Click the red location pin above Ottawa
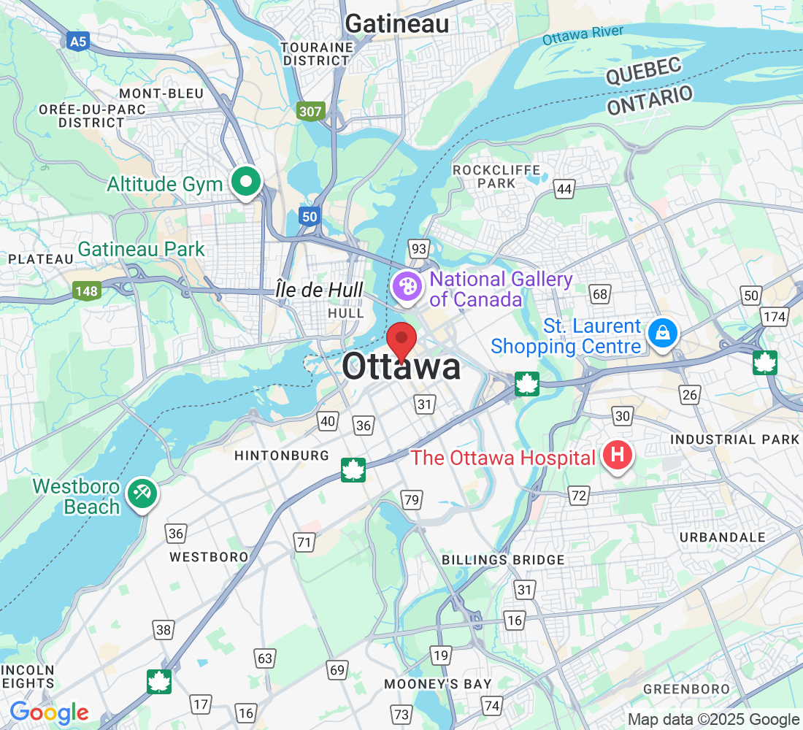pyautogui.click(x=401, y=339)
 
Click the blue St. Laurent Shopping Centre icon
pyautogui.click(x=661, y=334)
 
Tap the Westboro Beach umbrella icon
pyautogui.click(x=141, y=494)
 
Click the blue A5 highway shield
pyautogui.click(x=78, y=42)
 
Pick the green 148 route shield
pyautogui.click(x=86, y=291)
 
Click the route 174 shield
pyautogui.click(x=775, y=317)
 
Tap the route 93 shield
pyautogui.click(x=418, y=249)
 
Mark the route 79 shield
pyautogui.click(x=412, y=500)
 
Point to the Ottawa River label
pyautogui.click(x=583, y=34)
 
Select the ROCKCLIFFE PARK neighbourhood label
pyautogui.click(x=496, y=177)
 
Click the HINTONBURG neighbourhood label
pyautogui.click(x=282, y=456)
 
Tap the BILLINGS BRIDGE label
pyautogui.click(x=503, y=560)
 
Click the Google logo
pyautogui.click(x=49, y=712)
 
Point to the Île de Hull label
pyautogui.click(x=320, y=290)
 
